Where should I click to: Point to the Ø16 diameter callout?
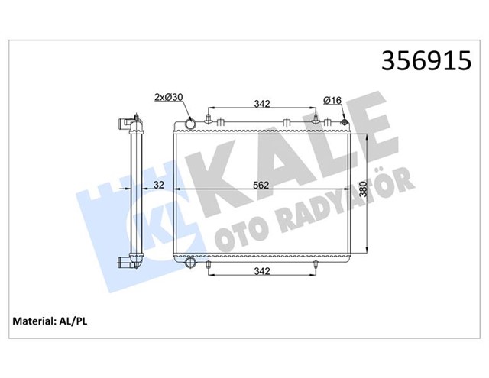[x=332, y=99]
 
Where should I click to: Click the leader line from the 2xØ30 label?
[x=182, y=109]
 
